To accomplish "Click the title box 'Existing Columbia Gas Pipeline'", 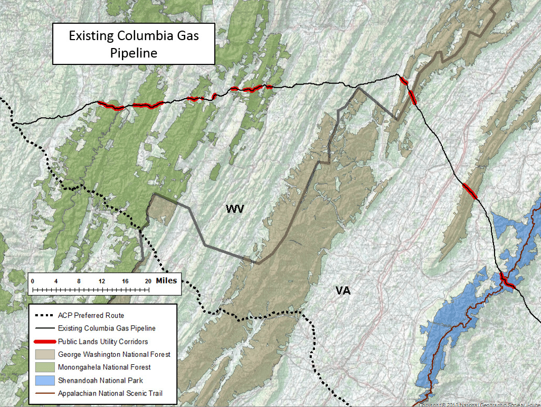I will tap(133, 44).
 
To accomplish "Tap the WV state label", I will tap(235, 209).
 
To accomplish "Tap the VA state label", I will tap(343, 291).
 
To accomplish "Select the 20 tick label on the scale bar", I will tap(148, 281).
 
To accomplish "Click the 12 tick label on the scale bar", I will tap(102, 281).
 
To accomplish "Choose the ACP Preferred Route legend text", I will tap(91, 315).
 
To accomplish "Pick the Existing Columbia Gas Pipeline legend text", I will tap(107, 328).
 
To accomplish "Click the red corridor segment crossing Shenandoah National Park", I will tap(507, 281).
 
